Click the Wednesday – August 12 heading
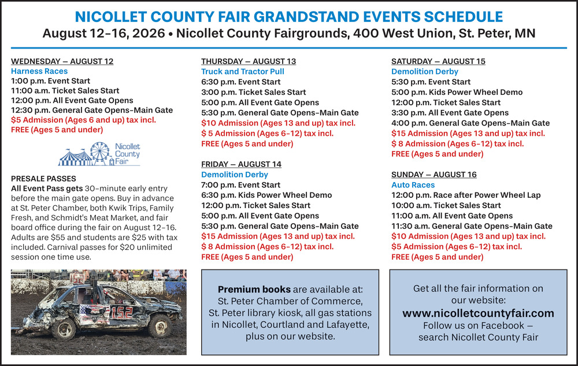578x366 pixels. tap(62, 61)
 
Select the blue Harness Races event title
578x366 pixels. tap(39, 71)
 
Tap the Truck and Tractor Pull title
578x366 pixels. tap(243, 72)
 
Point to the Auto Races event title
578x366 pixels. tap(413, 185)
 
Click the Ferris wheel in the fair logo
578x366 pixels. tap(100, 152)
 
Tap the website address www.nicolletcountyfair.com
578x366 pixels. tap(478, 313)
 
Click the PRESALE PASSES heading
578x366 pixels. tap(43, 179)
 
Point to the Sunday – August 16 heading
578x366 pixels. tap(434, 175)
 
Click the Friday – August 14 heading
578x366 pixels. tap(241, 164)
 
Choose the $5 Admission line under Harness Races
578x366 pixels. tap(83, 120)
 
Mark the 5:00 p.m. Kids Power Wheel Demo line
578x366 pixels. tap(457, 92)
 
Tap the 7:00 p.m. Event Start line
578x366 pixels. tap(240, 185)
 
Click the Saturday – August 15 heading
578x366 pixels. tap(438, 61)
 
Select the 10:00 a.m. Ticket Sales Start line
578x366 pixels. tap(446, 206)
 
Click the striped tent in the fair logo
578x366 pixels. tap(75, 158)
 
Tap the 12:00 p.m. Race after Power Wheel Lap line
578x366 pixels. tap(466, 195)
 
